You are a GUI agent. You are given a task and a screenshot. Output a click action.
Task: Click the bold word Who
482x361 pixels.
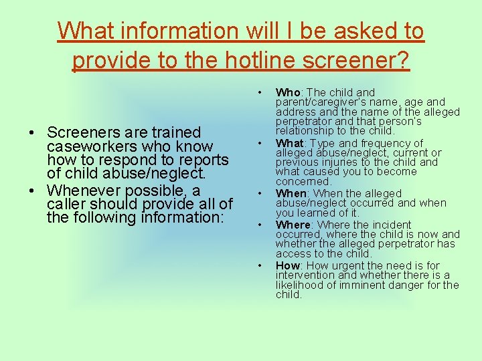(287, 92)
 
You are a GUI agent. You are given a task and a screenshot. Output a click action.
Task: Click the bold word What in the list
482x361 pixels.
(289, 143)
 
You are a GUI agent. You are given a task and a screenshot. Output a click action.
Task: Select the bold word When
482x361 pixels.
(290, 193)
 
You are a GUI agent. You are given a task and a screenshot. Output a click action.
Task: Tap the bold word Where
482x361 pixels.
(293, 225)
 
